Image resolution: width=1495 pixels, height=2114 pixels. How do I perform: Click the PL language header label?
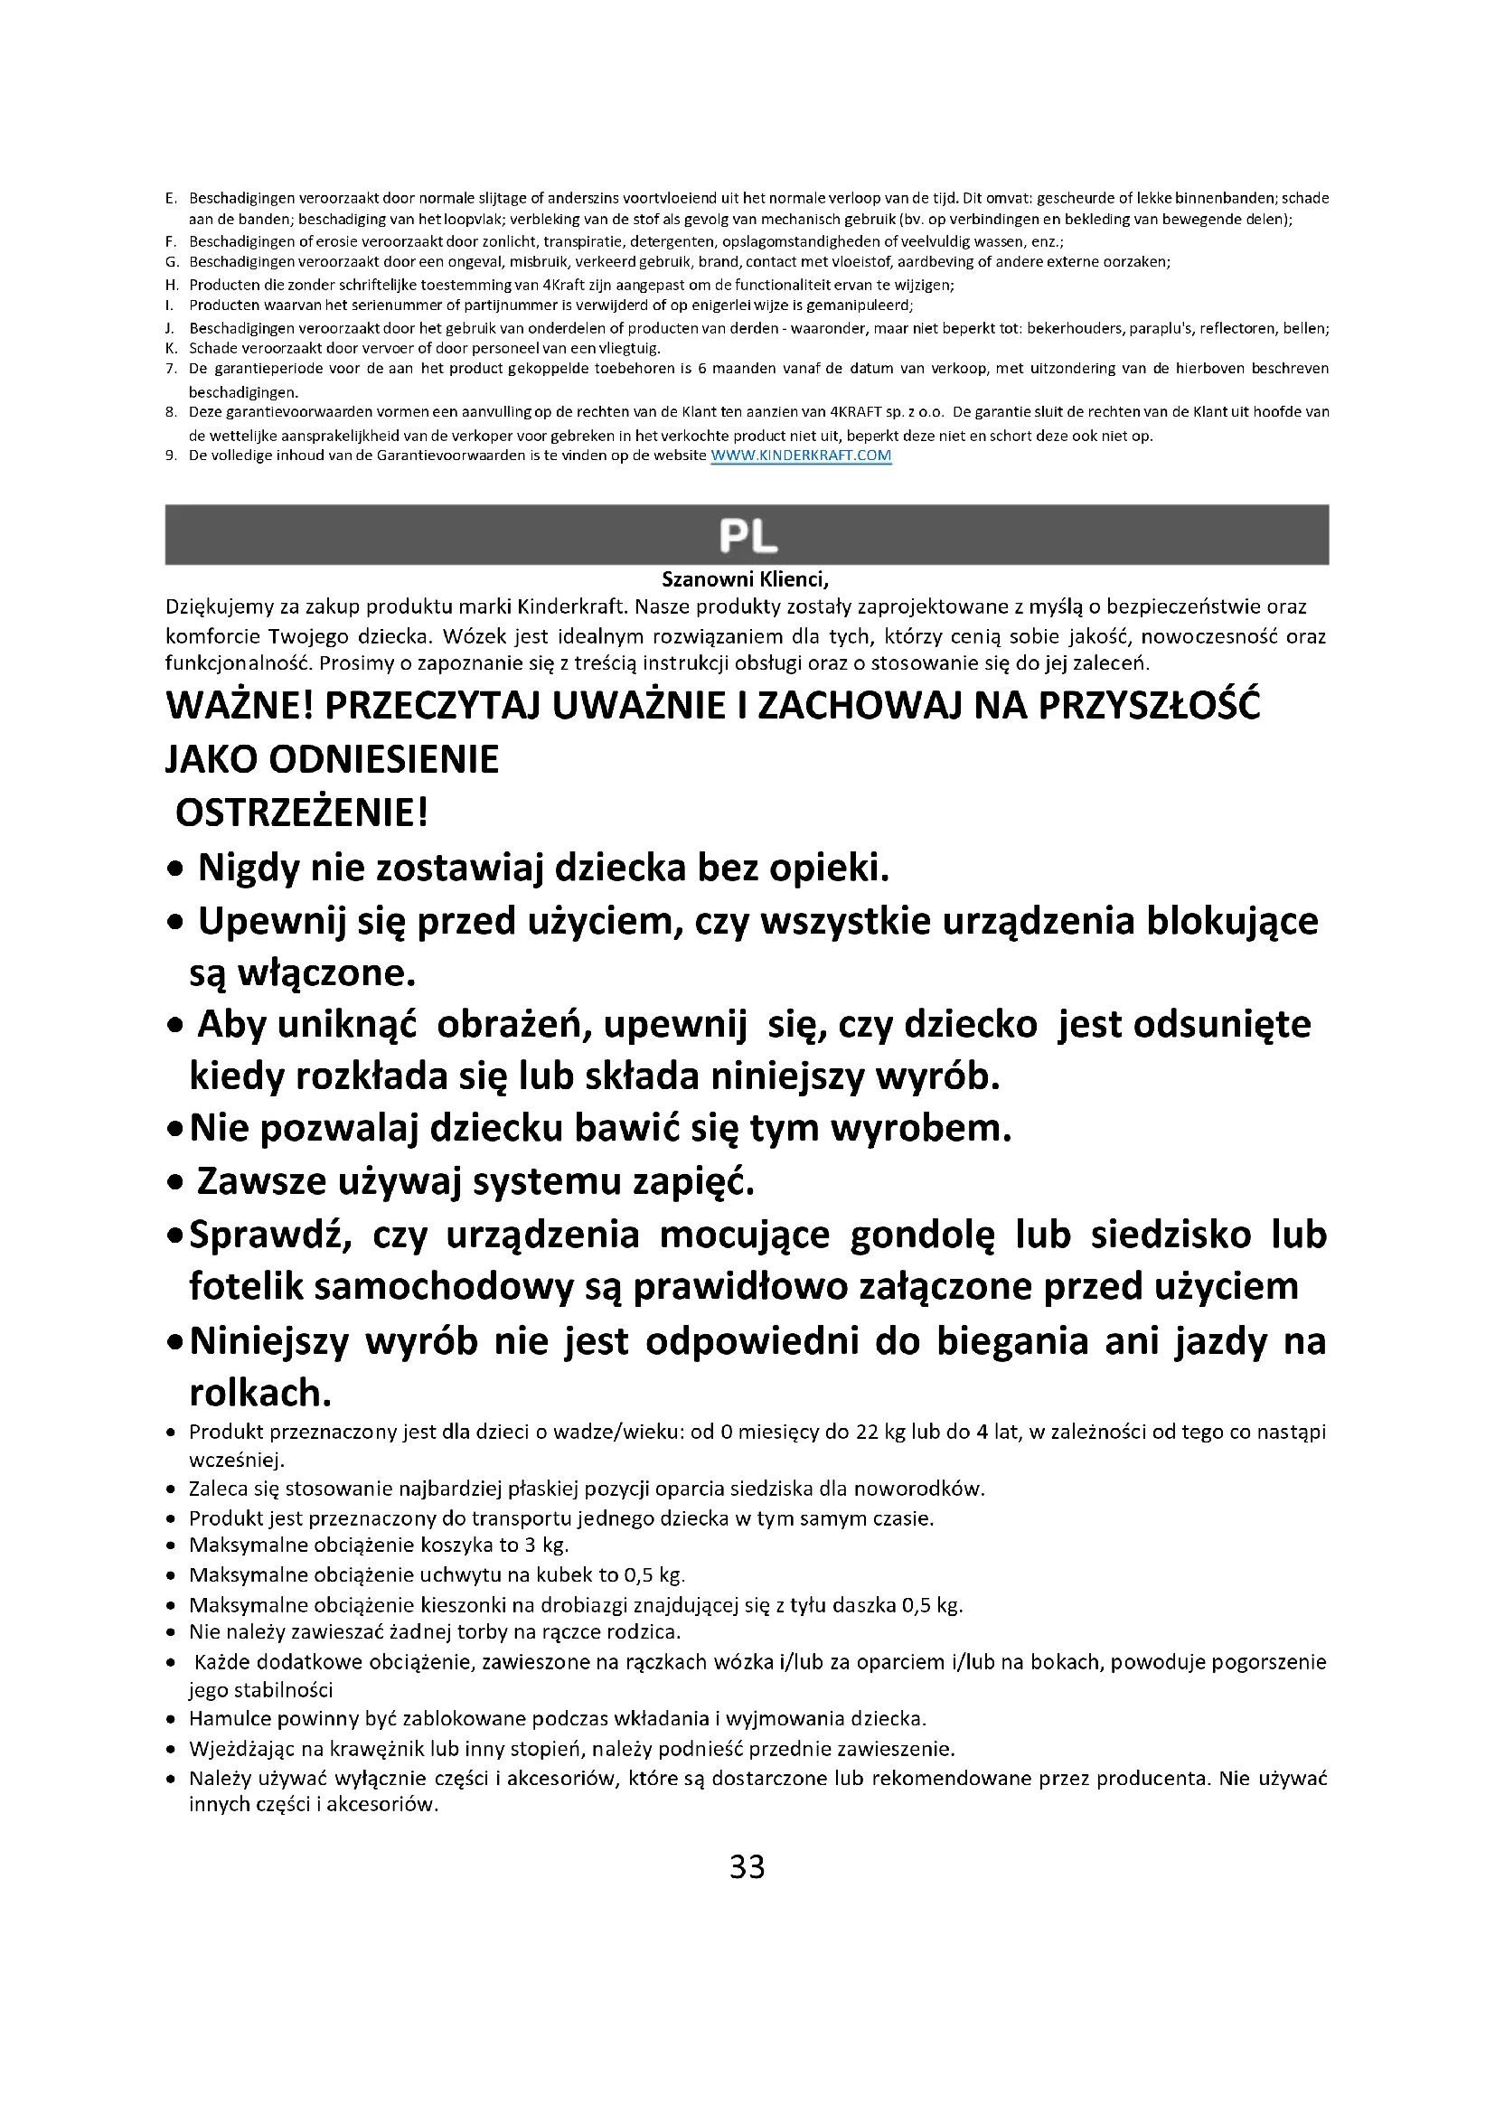click(747, 535)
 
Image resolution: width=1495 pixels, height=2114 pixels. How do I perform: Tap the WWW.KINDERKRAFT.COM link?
click(801, 455)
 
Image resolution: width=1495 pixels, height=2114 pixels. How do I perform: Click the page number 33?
click(747, 1866)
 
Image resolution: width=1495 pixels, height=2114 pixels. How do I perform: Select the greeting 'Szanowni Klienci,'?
click(746, 579)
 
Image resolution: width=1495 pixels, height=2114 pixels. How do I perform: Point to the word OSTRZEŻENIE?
click(302, 813)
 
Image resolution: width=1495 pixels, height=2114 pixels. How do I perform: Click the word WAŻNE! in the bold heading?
click(240, 706)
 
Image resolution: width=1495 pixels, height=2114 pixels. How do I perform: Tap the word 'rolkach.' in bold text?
click(260, 1393)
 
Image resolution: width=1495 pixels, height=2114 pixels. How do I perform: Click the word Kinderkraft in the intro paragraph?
click(571, 606)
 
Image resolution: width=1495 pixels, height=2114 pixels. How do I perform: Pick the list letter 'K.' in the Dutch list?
click(171, 348)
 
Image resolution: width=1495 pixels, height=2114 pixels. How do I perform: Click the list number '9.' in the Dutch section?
click(171, 455)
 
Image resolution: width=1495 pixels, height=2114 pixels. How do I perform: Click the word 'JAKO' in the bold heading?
click(211, 759)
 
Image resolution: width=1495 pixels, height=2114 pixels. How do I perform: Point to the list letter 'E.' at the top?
click(171, 198)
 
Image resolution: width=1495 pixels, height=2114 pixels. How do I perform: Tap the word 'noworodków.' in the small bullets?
click(919, 1489)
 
